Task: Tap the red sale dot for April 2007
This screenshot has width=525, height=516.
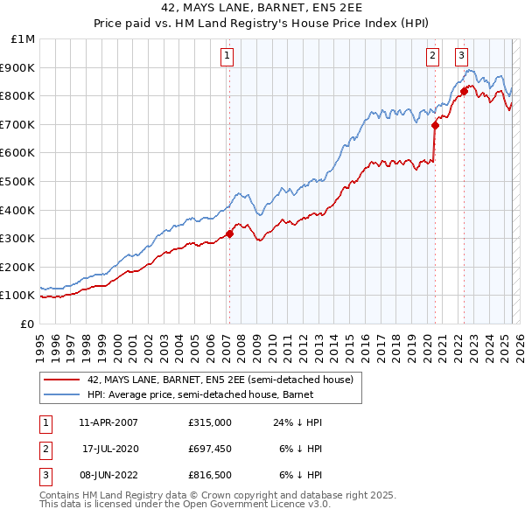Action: (x=229, y=234)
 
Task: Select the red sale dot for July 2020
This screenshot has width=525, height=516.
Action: (x=435, y=125)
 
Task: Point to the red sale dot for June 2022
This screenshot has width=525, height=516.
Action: (x=464, y=91)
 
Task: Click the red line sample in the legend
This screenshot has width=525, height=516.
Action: (x=62, y=380)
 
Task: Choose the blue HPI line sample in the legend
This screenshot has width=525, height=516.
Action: (x=62, y=394)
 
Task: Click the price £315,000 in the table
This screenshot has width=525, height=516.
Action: (x=209, y=422)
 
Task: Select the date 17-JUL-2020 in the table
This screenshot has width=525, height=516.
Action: (x=109, y=450)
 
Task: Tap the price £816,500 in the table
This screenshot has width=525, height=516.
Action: (x=209, y=477)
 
